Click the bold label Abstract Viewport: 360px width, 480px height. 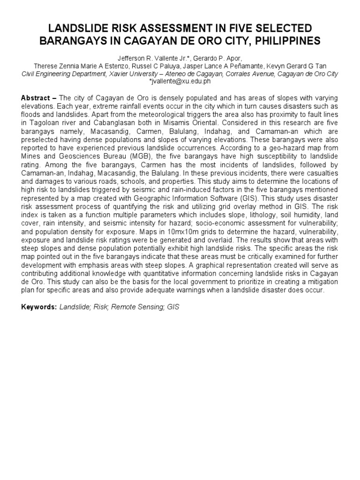pos(36,98)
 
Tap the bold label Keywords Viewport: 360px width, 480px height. pos(39,307)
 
